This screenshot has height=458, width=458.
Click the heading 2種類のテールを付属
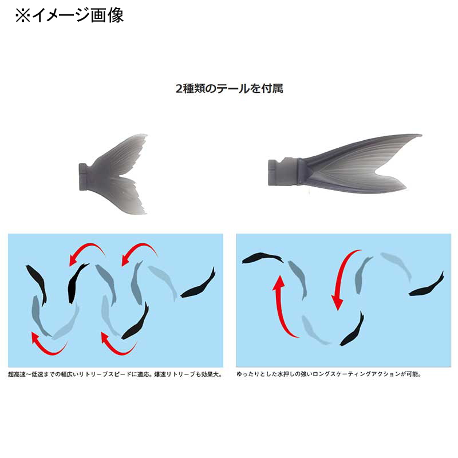[230, 88]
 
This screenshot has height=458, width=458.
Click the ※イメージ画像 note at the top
[69, 15]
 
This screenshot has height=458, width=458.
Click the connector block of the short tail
[85, 177]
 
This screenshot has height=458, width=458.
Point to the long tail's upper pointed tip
[421, 135]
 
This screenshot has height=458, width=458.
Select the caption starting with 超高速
[115, 374]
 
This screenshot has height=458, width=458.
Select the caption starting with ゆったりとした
[329, 374]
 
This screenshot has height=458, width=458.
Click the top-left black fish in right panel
[263, 258]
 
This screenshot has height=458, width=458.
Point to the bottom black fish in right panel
[353, 330]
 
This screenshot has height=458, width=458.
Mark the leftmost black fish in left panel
[37, 284]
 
